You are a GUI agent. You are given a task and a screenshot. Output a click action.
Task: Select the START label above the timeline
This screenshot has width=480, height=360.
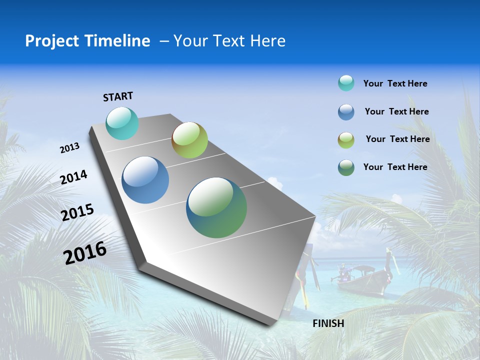tap(118, 96)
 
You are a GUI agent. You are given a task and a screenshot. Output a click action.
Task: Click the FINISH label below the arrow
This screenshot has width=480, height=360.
tap(328, 323)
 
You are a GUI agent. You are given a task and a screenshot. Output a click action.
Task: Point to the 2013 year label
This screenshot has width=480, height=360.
tap(70, 147)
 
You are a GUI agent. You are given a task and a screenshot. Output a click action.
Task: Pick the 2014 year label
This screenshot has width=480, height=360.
tap(74, 177)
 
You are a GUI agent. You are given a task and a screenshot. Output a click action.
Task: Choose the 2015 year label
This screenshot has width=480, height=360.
tap(77, 212)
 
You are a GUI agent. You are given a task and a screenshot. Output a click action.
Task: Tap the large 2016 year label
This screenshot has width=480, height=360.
tap(85, 252)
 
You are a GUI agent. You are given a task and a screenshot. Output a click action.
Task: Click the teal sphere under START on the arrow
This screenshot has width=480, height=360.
tap(122, 123)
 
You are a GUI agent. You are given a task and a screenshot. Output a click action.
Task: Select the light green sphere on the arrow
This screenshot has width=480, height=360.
tap(189, 140)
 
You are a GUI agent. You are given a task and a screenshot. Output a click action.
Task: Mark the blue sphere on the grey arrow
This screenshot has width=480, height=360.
tap(145, 180)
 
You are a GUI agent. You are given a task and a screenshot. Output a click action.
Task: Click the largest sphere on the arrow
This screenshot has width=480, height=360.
tap(216, 207)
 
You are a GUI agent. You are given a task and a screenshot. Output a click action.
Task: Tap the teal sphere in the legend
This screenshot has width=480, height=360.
tap(346, 83)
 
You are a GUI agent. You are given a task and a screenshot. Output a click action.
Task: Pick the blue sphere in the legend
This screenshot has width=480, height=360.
tap(346, 112)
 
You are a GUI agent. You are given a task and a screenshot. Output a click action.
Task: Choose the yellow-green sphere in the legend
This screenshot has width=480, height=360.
tap(346, 140)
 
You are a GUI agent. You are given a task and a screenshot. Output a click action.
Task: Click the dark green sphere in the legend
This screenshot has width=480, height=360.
tap(346, 167)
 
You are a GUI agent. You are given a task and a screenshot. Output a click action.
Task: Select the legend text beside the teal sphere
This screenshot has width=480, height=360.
tap(395, 83)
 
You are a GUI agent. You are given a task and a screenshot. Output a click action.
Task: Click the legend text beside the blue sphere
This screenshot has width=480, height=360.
tap(396, 111)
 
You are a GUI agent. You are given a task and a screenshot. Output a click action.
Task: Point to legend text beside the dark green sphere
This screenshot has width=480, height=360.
tap(395, 167)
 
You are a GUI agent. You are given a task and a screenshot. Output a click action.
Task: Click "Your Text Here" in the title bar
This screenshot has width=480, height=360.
tap(229, 41)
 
